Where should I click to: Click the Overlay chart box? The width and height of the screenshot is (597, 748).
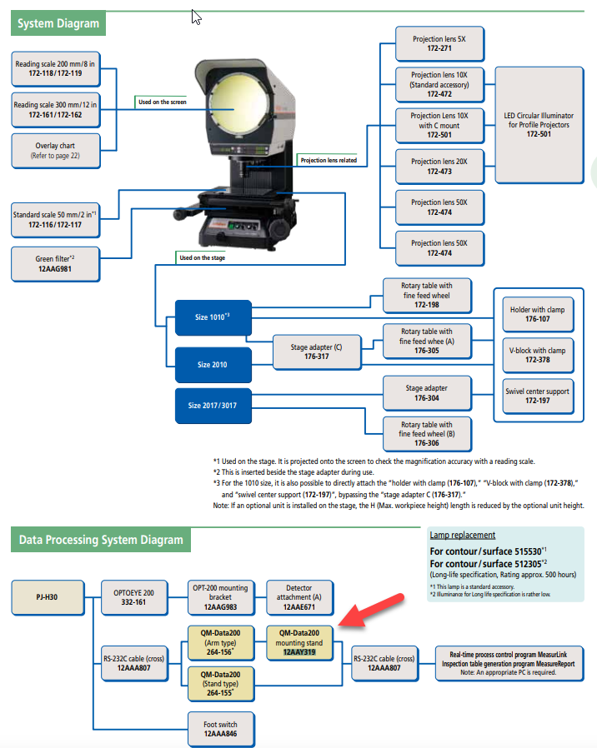(54, 150)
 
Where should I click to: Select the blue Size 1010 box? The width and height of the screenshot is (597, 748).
(212, 317)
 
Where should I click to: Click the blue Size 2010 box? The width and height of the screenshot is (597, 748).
(212, 364)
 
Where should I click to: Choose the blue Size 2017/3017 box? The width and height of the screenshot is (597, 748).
(212, 406)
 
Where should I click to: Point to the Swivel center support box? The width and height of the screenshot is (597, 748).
(539, 395)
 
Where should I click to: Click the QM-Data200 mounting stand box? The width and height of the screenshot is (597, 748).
(299, 643)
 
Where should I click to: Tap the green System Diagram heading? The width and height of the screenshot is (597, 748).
(58, 23)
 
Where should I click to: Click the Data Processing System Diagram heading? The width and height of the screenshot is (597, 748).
(101, 540)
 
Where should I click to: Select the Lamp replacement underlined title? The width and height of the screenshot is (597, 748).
(462, 535)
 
